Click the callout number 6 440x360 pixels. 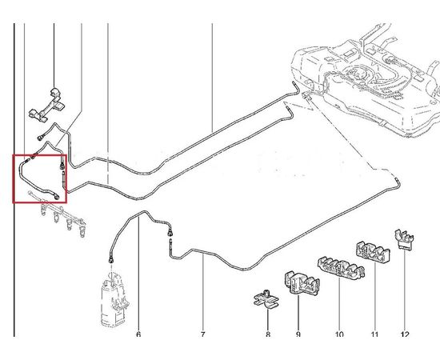[138, 334]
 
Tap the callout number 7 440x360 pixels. [203, 334]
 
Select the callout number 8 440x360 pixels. [268, 334]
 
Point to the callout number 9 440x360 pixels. [298, 334]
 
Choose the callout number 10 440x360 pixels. [339, 334]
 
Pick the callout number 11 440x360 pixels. [374, 334]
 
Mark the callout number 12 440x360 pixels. [405, 334]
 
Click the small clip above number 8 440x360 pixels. [266, 299]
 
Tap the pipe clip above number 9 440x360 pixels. [302, 283]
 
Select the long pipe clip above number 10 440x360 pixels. [341, 268]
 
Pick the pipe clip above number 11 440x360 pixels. [373, 252]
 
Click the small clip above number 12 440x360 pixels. [404, 239]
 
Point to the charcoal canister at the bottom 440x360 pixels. [114, 299]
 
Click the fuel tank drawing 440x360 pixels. [365, 82]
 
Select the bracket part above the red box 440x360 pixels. [47, 106]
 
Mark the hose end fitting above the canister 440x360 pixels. [111, 260]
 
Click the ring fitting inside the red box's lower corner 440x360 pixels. [57, 197]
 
